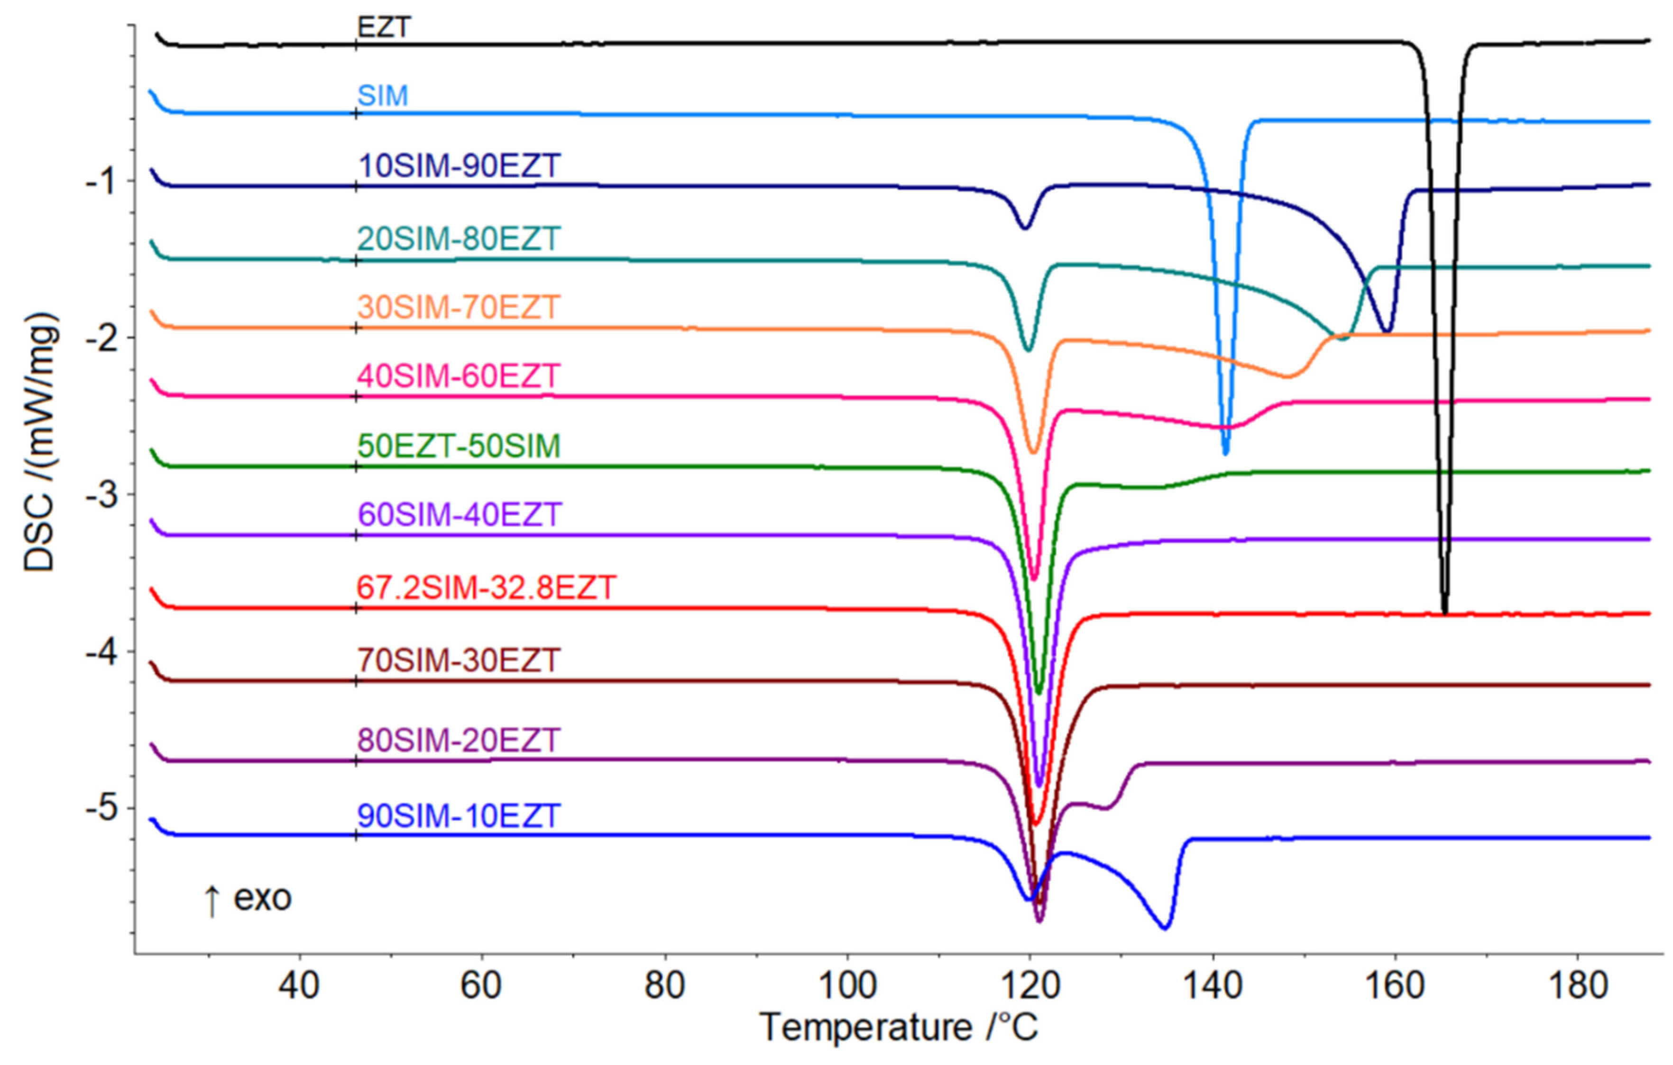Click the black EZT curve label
click(384, 28)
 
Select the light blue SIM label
click(382, 95)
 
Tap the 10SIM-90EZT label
click(459, 166)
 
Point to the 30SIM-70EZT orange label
click(459, 307)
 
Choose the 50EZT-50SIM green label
click(459, 445)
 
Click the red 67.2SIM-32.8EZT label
click(487, 588)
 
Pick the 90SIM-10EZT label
click(459, 816)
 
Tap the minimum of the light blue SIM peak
click(1225, 453)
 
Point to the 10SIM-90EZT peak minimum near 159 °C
click(1387, 331)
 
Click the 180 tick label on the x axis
click(1578, 985)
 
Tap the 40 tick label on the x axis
click(299, 985)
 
